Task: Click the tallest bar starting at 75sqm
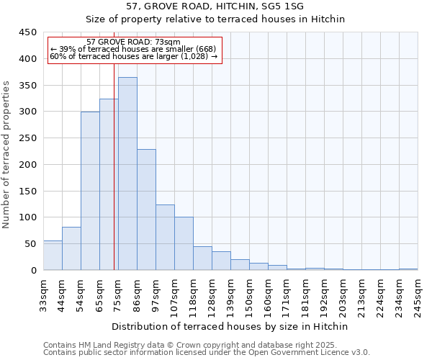pyautogui.click(x=127, y=174)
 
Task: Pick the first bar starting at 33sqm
pyautogui.click(x=53, y=256)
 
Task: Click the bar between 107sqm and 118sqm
pyautogui.click(x=184, y=243)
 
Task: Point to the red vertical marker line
pyautogui.click(x=114, y=166)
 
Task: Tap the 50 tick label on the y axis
pyautogui.click(x=30, y=244)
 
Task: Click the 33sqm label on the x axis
pyautogui.click(x=43, y=294)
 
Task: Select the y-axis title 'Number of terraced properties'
pyautogui.click(x=6, y=154)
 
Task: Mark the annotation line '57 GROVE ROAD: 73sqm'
pyautogui.click(x=133, y=42)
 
